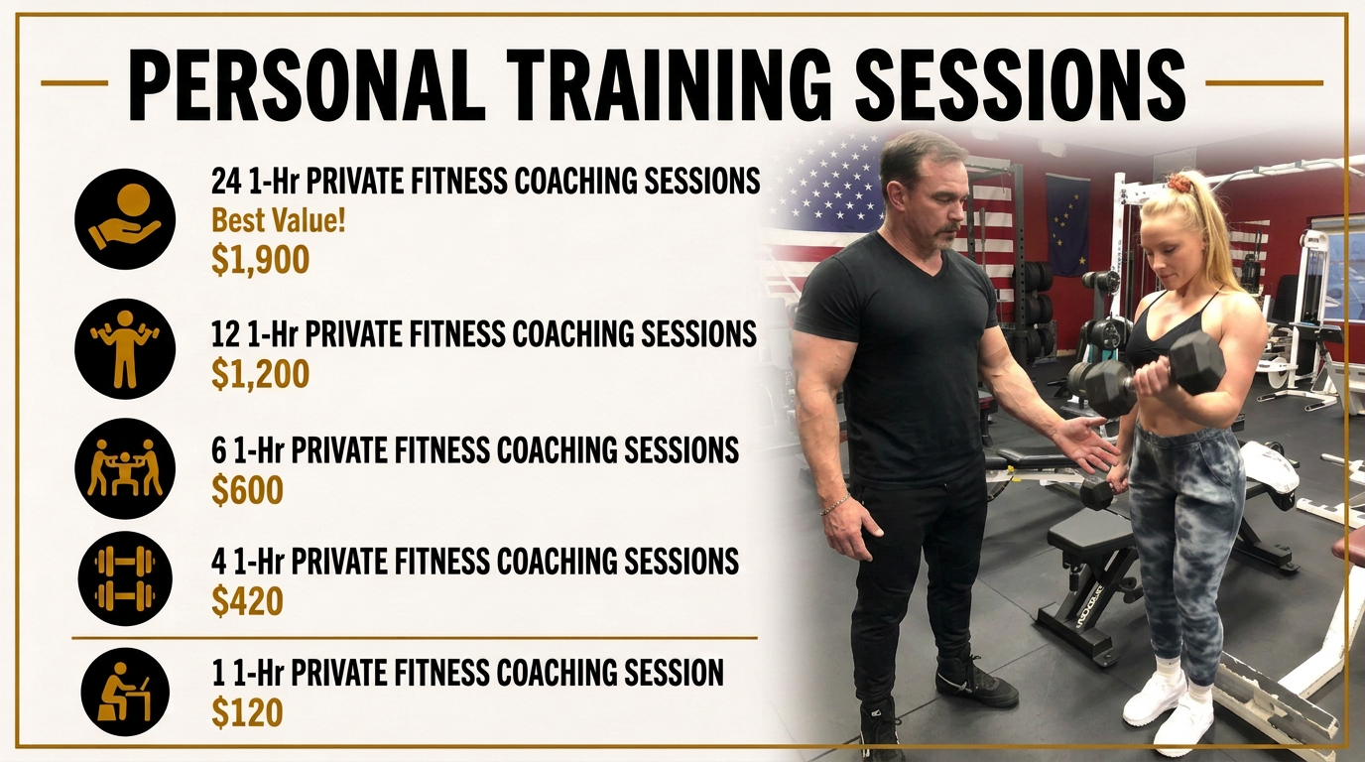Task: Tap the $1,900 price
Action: pyautogui.click(x=260, y=260)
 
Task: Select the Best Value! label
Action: pyautogui.click(x=278, y=220)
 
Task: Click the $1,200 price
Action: pyautogui.click(x=260, y=374)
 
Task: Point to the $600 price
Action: pyautogui.click(x=247, y=490)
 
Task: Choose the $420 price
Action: pyautogui.click(x=247, y=601)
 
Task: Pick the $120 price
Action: pyautogui.click(x=247, y=712)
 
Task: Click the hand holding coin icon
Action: pyautogui.click(x=125, y=219)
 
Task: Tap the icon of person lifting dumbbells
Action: pyautogui.click(x=125, y=348)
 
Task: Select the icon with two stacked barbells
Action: pyautogui.click(x=125, y=577)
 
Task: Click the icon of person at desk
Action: pyautogui.click(x=125, y=692)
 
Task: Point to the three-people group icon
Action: pyautogui.click(x=125, y=468)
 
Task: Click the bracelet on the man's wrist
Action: pyautogui.click(x=835, y=505)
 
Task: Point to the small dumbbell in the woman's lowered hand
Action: pyautogui.click(x=1098, y=492)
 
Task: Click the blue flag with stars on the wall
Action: pyautogui.click(x=1067, y=223)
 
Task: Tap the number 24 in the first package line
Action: pyautogui.click(x=227, y=181)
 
